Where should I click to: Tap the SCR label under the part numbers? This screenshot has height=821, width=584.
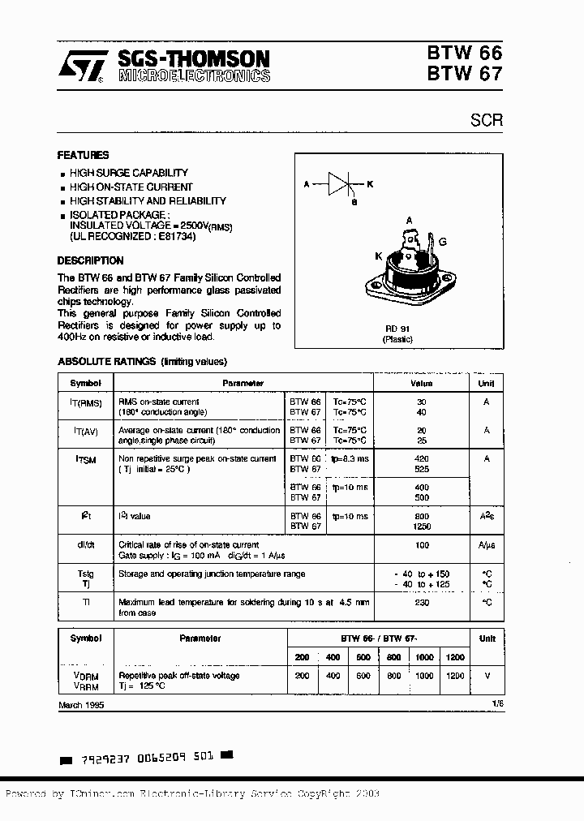point(487,120)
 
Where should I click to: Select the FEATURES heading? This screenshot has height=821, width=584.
point(83,155)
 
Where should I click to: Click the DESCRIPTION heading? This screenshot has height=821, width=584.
point(90,260)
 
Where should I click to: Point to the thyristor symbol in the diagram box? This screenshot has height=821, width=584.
point(340,184)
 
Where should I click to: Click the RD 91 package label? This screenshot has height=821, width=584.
point(397,329)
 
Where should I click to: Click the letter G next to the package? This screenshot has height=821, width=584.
point(442,242)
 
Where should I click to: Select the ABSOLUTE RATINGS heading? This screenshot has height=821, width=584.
point(142,361)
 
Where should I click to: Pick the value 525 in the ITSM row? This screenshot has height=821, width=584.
point(421,469)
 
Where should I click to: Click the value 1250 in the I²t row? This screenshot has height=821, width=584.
point(421,526)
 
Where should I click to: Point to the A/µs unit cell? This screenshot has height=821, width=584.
point(487,545)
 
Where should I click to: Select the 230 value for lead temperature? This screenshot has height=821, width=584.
point(421,603)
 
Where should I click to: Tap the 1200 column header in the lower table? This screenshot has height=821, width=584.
point(455,657)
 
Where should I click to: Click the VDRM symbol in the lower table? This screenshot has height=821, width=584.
point(86,675)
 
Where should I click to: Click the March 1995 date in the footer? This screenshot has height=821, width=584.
point(81,706)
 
